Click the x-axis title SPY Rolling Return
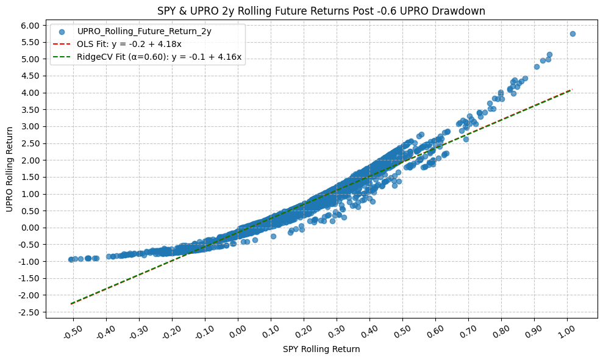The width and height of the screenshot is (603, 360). [321, 350]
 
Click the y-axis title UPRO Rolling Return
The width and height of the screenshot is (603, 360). [10, 169]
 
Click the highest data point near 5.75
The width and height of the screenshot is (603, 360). [573, 34]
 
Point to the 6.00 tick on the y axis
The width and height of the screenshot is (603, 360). [29, 26]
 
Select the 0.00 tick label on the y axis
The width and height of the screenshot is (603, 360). [29, 228]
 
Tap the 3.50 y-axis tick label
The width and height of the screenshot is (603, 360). [29, 110]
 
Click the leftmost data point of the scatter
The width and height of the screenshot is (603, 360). [71, 259]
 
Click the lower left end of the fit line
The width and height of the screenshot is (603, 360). [71, 303]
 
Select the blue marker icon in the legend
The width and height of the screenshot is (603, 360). [62, 31]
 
